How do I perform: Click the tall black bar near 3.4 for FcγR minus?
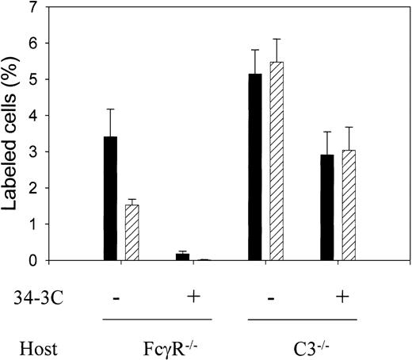tap(111, 199)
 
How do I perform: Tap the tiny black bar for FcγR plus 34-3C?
tap(182, 257)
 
